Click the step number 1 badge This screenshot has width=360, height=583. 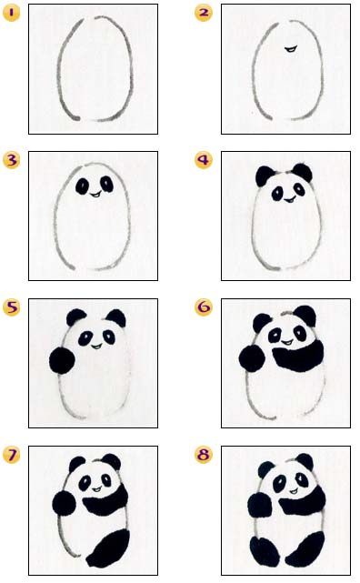point(10,12)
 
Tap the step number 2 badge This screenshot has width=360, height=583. point(204,12)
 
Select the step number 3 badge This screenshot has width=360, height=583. point(10,160)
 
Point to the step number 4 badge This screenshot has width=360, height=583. point(204,160)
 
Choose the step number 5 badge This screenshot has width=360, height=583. point(10,307)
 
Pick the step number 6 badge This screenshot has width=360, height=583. point(204,307)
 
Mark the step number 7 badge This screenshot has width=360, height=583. point(10,454)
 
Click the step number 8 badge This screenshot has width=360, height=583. point(204,454)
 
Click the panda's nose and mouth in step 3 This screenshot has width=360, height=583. point(95,193)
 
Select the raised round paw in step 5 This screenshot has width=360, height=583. point(62,361)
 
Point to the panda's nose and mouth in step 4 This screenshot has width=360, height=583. point(286,195)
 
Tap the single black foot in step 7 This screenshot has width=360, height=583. point(110,547)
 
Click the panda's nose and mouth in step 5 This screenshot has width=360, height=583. point(95,342)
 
